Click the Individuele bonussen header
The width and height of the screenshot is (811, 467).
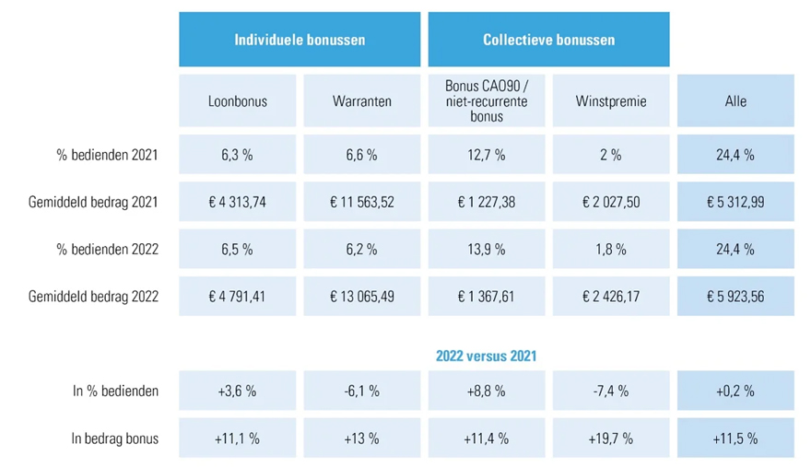[300, 40]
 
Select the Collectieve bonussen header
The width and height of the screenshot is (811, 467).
[548, 40]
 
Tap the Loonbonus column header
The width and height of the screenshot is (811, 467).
[237, 101]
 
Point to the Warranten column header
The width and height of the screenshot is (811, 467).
[361, 101]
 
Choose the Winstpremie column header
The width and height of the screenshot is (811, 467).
[610, 101]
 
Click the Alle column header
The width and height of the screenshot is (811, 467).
[735, 101]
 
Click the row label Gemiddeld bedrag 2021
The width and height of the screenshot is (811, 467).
[93, 202]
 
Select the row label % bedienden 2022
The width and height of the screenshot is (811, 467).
[107, 249]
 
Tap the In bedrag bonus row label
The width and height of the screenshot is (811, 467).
[115, 438]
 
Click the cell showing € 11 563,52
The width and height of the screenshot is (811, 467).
[361, 202]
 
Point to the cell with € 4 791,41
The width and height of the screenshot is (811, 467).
[237, 297]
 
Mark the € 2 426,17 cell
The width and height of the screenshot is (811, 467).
[610, 297]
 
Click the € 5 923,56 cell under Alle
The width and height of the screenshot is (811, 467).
[735, 297]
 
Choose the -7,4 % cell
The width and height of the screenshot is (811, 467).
[610, 391]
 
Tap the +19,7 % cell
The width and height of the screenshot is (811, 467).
[610, 438]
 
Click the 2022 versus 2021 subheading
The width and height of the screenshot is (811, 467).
[487, 356]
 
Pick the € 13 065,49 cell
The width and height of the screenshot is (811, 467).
[361, 297]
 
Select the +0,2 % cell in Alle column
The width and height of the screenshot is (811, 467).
[735, 391]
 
